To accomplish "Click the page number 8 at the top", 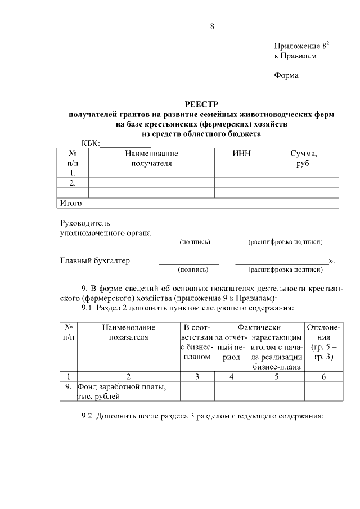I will click(x=213, y=26).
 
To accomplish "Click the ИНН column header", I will click(x=241, y=154).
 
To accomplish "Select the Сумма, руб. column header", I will click(x=304, y=158).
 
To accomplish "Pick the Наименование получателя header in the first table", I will click(x=151, y=158).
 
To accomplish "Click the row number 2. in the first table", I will click(x=73, y=183).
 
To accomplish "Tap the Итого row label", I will click(x=71, y=202).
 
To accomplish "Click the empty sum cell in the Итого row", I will click(x=304, y=202).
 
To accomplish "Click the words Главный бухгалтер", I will click(x=94, y=261).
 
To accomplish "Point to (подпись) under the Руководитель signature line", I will click(x=195, y=242).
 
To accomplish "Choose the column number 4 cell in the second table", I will click(x=231, y=376).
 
